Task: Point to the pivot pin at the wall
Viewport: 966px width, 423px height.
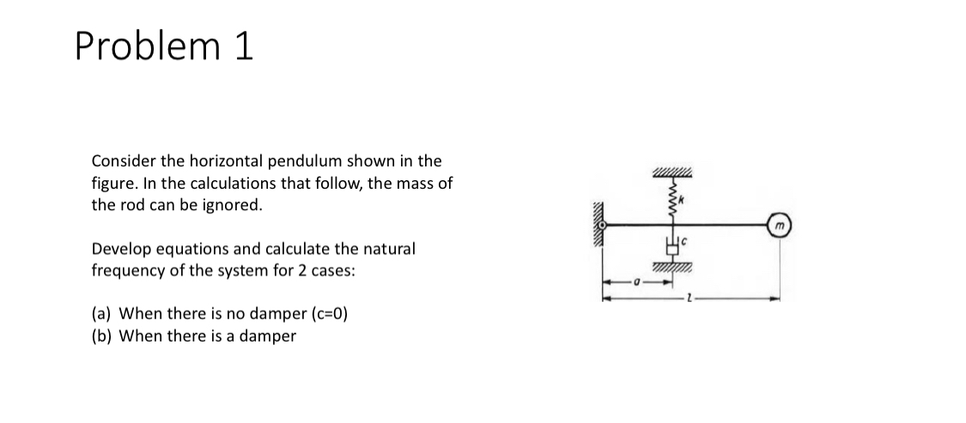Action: (604, 225)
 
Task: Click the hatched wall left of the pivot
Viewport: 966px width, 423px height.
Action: (595, 225)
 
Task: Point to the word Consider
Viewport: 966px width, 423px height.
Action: (122, 160)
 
